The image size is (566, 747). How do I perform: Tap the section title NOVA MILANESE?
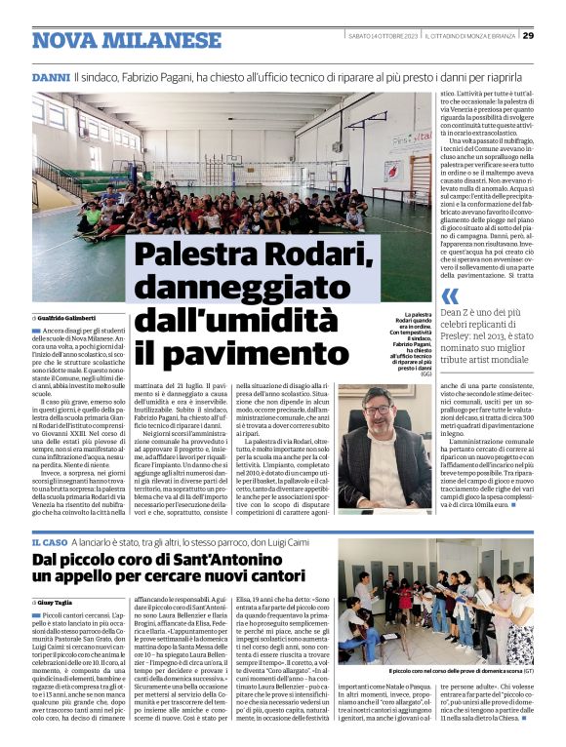[x=111, y=40]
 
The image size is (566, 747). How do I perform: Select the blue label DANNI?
[x=51, y=77]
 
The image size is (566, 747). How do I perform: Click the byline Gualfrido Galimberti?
[x=69, y=318]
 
